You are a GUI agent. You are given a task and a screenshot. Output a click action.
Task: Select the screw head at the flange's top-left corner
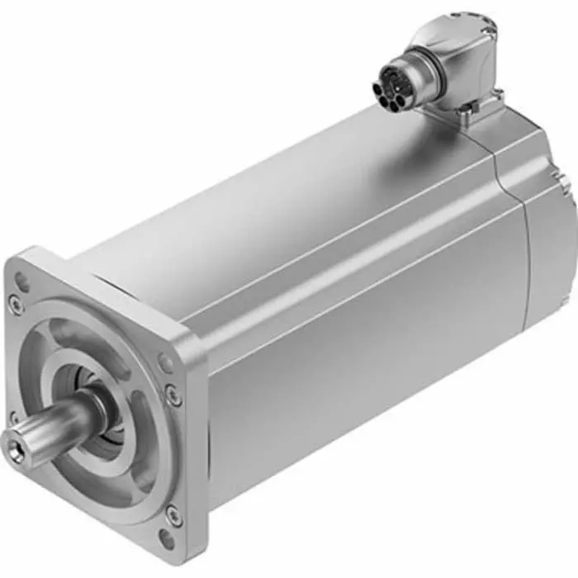(x=16, y=305)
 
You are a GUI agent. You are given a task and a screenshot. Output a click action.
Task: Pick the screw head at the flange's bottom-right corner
(x=173, y=515)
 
